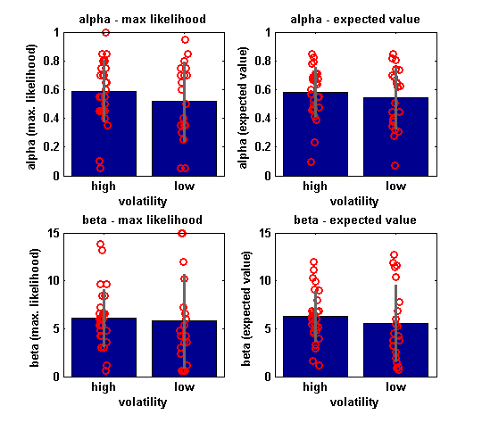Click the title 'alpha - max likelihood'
click(x=142, y=20)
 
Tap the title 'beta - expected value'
click(x=355, y=220)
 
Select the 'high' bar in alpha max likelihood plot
click(x=104, y=134)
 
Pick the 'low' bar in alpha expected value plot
click(x=395, y=137)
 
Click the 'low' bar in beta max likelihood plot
click(x=184, y=349)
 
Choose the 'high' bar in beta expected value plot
click(x=315, y=346)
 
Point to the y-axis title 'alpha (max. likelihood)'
click(x=31, y=107)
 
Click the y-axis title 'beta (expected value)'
click(x=246, y=309)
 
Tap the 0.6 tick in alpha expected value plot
click(x=262, y=90)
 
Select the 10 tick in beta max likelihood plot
click(x=54, y=281)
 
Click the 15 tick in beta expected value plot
click(x=265, y=233)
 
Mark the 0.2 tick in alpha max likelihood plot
click(x=51, y=147)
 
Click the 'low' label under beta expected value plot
click(x=395, y=386)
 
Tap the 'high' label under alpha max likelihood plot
click(x=104, y=187)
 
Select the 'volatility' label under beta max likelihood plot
click(x=143, y=402)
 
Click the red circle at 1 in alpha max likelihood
click(x=105, y=33)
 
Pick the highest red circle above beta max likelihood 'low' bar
click(x=183, y=234)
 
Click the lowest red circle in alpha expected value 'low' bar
click(x=395, y=166)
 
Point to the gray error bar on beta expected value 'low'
click(x=396, y=323)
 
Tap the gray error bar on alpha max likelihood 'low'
click(x=185, y=102)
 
